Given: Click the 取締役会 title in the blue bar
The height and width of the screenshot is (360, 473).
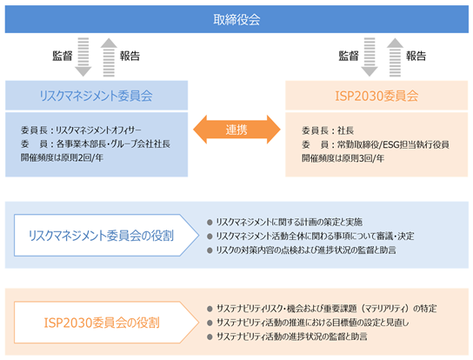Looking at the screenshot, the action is tap(236, 20).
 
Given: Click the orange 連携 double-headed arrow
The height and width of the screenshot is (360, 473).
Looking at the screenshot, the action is tap(236, 130).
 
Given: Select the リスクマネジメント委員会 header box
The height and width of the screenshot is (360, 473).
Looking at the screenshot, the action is tap(97, 96).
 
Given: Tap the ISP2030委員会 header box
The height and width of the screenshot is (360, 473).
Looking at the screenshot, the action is tap(376, 96).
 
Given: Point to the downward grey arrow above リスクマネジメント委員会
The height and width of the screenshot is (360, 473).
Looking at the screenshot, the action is tap(83, 57).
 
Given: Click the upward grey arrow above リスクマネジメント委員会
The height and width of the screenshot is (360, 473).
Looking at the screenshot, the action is tap(109, 57).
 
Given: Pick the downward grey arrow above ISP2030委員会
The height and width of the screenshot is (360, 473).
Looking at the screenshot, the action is tap(370, 57).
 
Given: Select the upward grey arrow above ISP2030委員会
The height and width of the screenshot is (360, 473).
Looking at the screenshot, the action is tap(395, 57).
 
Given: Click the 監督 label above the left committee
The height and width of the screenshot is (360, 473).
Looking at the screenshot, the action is tap(63, 56).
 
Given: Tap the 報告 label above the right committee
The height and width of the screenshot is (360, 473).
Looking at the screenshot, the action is tap(416, 56).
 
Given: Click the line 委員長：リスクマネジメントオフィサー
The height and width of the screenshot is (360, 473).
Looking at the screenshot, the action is tap(81, 130).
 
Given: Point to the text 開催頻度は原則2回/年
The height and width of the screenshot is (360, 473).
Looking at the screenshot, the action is tap(62, 157).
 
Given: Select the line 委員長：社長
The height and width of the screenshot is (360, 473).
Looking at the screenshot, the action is tap(328, 130).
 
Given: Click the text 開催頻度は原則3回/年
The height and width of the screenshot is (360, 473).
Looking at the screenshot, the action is tap(343, 158).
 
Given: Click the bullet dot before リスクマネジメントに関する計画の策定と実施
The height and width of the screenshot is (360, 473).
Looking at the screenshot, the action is tap(210, 223).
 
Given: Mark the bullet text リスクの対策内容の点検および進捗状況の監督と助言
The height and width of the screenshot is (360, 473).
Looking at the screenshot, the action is tap(306, 250).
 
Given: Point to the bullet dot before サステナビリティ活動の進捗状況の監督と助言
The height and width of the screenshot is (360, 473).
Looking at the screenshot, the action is tap(210, 337).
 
